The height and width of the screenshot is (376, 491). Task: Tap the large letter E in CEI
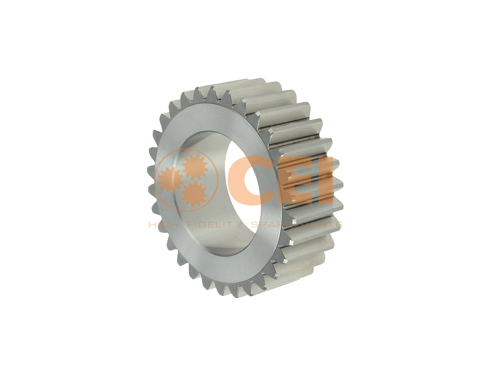[x=298, y=180]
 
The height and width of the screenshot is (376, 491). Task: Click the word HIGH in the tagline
[x=164, y=224]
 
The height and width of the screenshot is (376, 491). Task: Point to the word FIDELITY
[x=214, y=224]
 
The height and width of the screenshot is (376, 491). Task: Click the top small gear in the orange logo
[x=195, y=167]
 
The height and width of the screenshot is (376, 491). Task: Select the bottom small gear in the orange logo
[x=194, y=194]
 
